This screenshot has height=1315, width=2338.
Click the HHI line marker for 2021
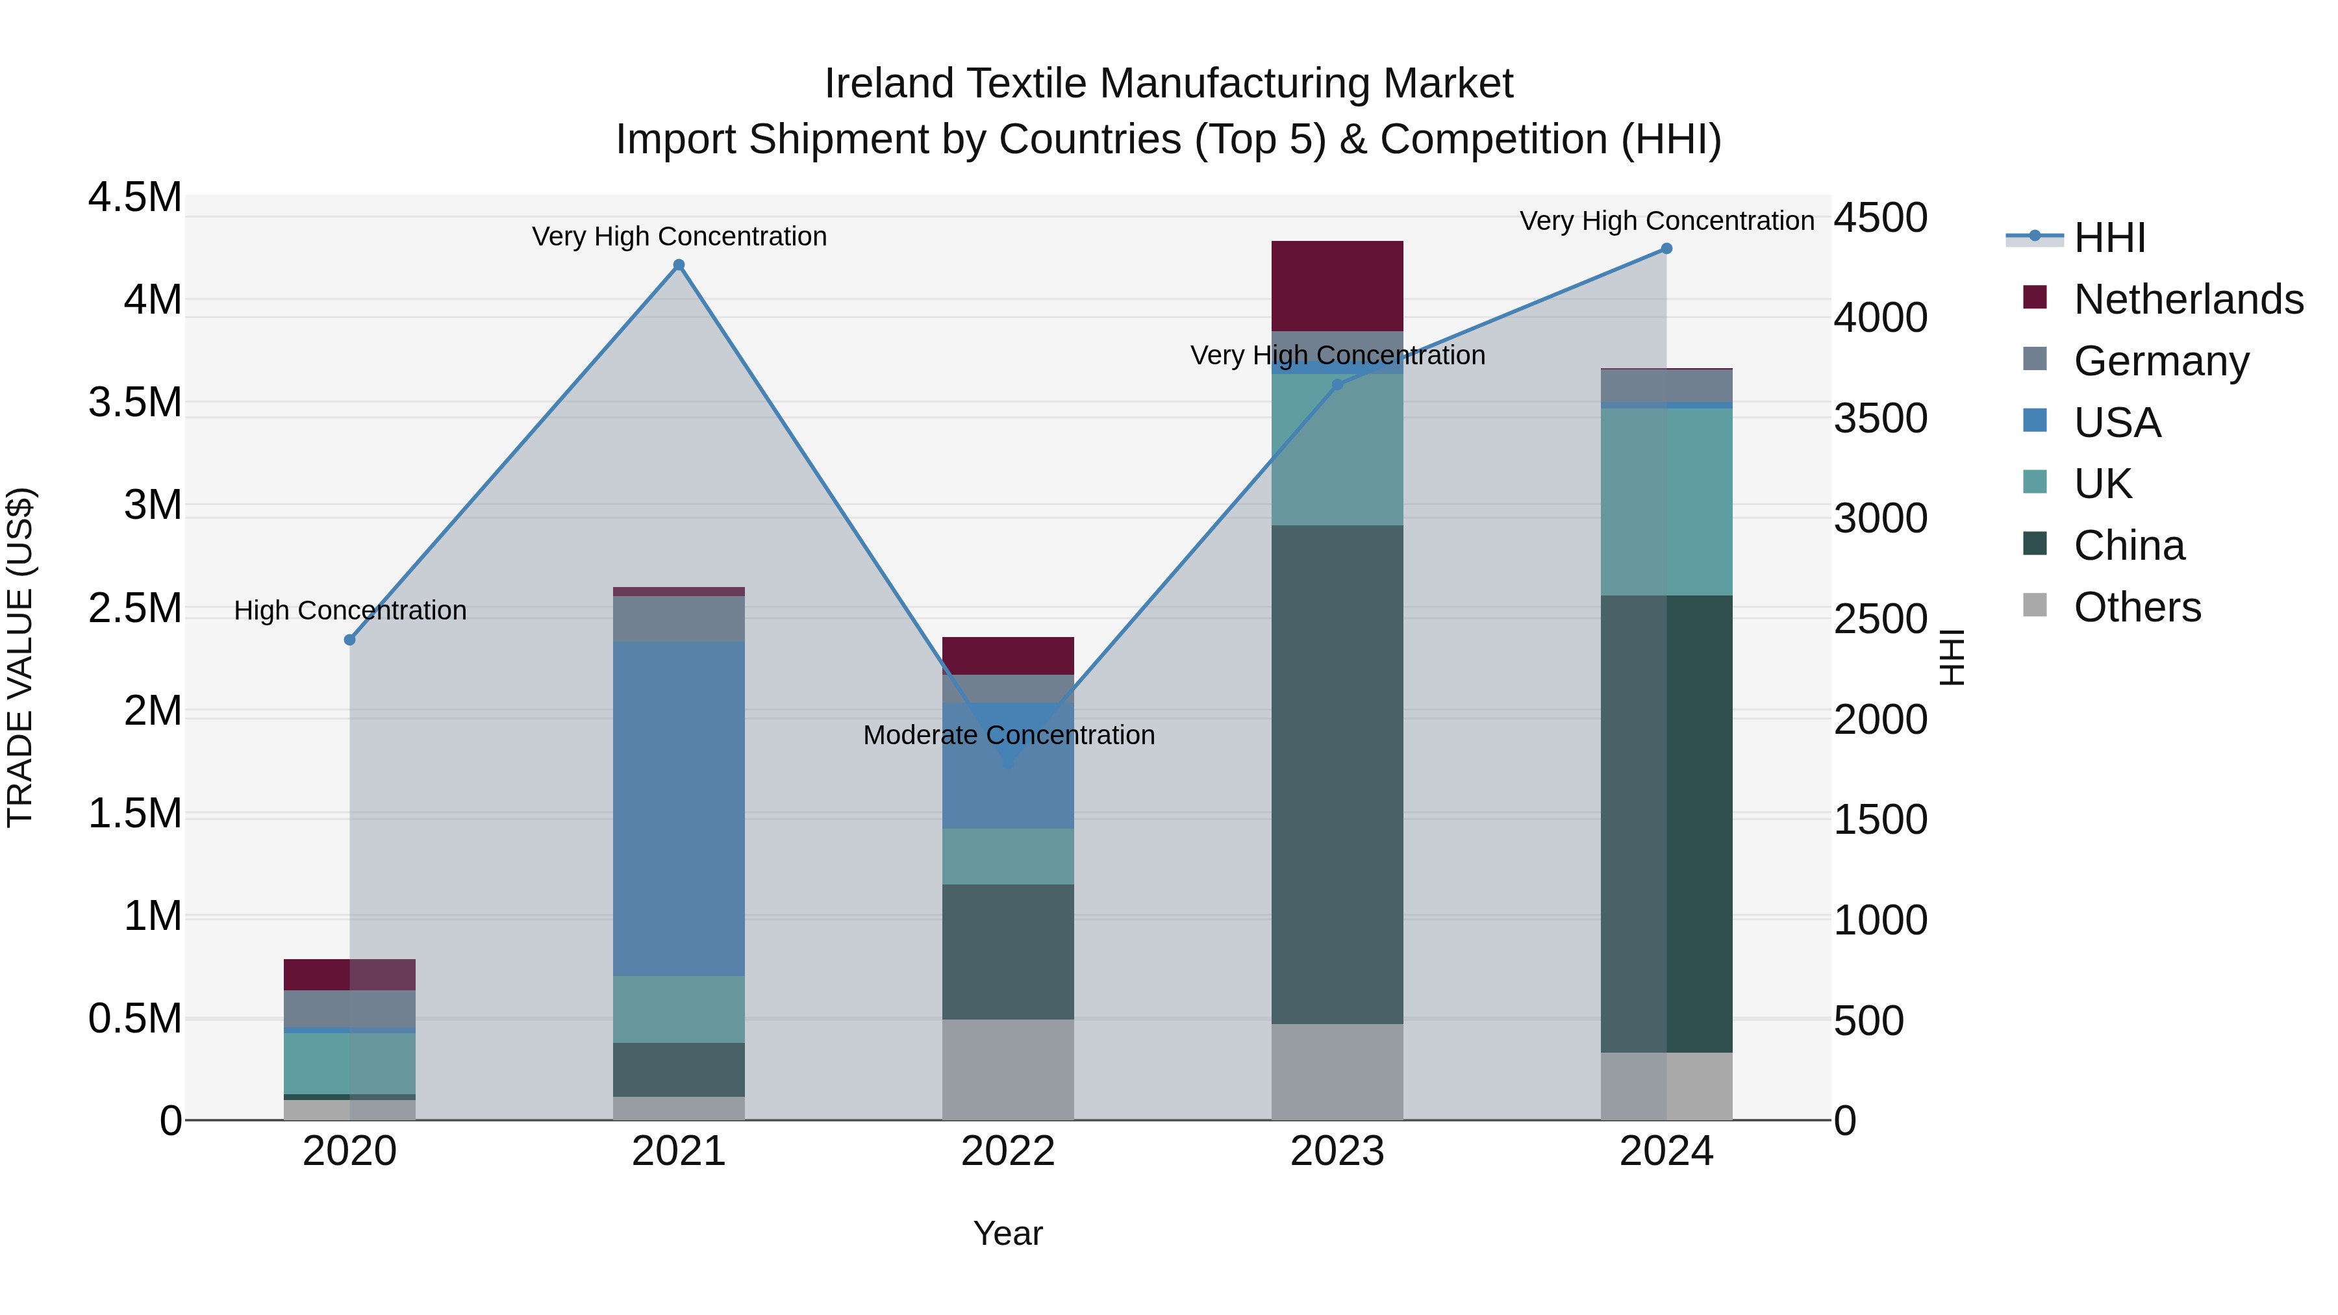coord(679,265)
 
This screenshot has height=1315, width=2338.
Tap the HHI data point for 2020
coord(349,640)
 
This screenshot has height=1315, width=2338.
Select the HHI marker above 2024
coord(1666,249)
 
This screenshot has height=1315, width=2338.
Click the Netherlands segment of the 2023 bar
coord(1337,286)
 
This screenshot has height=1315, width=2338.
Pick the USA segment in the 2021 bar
coord(679,808)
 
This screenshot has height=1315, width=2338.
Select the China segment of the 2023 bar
coord(1337,774)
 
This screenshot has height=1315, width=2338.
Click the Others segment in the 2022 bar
coord(1007,1069)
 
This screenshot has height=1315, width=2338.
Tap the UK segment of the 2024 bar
coord(1666,502)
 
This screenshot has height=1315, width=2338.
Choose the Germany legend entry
coord(2161,361)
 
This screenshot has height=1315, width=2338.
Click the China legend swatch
coord(2035,545)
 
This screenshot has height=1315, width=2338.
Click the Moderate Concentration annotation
coord(1009,735)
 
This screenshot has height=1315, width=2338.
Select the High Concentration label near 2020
coord(350,611)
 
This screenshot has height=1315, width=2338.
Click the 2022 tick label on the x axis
coord(1007,1151)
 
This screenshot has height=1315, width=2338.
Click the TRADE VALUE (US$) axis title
coord(20,657)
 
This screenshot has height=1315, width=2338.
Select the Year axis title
coord(1007,1233)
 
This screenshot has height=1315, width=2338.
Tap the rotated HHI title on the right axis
coord(1952,657)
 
